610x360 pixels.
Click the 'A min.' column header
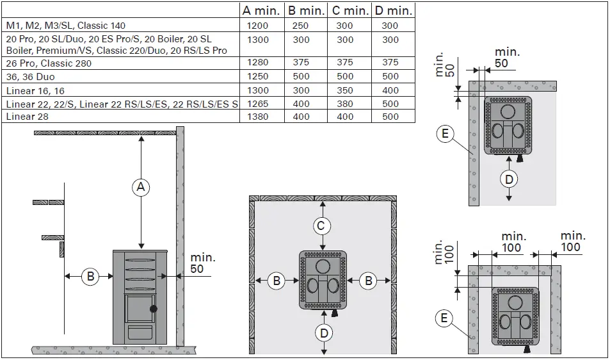click(x=262, y=10)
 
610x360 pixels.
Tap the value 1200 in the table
click(x=257, y=26)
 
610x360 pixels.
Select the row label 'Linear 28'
click(x=27, y=117)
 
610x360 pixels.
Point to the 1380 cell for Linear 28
click(x=257, y=117)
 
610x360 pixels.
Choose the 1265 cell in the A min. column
click(x=257, y=104)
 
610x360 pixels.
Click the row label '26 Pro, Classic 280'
click(x=49, y=63)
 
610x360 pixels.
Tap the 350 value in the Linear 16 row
click(x=344, y=91)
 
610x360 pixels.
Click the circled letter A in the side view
click(x=141, y=187)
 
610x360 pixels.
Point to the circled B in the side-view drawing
click(x=91, y=277)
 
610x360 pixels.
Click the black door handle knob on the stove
click(x=154, y=309)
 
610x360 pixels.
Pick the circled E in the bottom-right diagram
click(x=445, y=317)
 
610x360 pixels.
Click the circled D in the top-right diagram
click(x=509, y=179)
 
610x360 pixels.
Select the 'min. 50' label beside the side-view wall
click(x=202, y=263)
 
